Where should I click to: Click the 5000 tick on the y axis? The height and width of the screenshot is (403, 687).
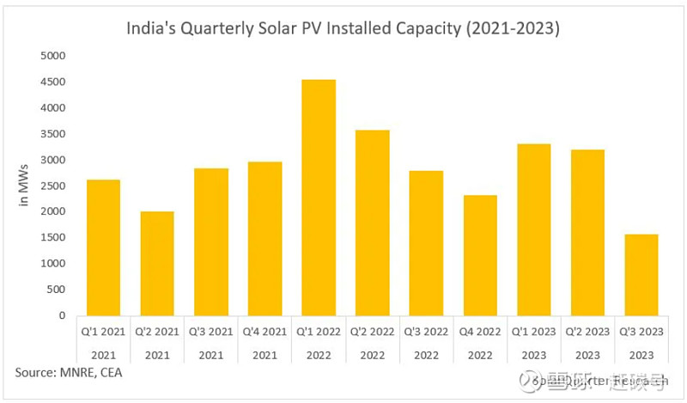pos(53,56)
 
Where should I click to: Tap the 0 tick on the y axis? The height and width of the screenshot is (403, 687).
pos(63,315)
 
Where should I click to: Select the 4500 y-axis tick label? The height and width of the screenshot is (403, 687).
pos(53,82)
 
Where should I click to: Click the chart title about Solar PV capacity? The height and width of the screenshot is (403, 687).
pos(343,27)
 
